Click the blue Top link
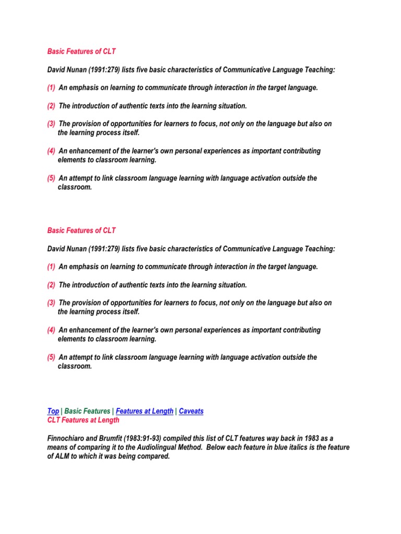pyautogui.click(x=53, y=411)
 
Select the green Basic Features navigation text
pyautogui.click(x=87, y=411)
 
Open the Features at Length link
pyautogui.click(x=145, y=411)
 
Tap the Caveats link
pyautogui.click(x=191, y=411)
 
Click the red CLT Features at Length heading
pyautogui.click(x=84, y=420)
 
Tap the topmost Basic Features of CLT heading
pyautogui.click(x=81, y=52)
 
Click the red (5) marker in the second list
pyautogui.click(x=51, y=357)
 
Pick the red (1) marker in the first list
pyautogui.click(x=51, y=88)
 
